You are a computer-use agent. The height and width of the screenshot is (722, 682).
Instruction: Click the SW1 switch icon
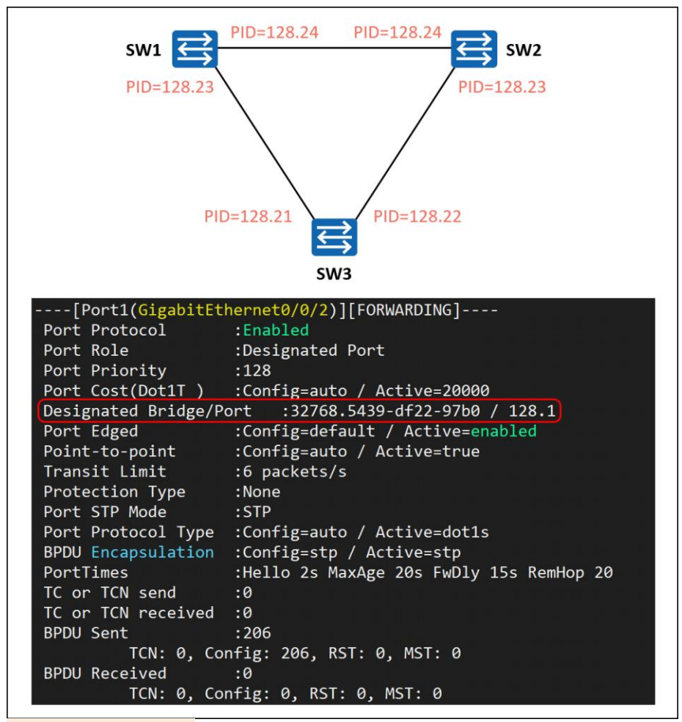195,49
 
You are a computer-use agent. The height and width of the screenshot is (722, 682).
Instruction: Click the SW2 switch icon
474,49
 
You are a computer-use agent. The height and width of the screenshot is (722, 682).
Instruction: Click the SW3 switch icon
334,237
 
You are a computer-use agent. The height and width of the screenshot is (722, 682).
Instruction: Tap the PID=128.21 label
248,216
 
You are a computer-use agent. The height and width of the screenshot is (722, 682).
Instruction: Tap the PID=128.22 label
417,216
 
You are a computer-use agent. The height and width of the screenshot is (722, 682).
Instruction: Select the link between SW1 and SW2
334,49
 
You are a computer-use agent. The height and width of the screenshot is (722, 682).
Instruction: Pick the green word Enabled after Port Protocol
276,330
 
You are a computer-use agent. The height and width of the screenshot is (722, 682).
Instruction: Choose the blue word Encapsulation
153,553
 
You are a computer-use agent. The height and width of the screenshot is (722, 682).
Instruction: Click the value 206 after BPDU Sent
257,633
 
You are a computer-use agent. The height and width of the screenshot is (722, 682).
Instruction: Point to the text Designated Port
314,351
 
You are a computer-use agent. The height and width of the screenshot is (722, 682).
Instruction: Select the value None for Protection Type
261,492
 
